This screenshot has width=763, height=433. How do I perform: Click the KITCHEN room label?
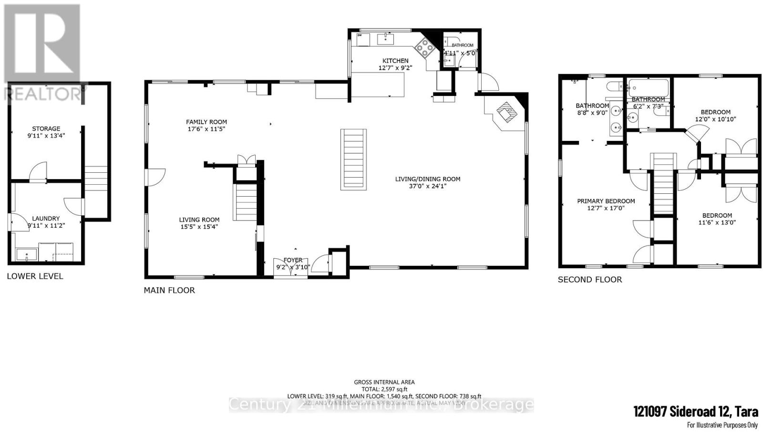pos(395,61)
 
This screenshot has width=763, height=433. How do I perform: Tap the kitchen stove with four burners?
pos(424,47)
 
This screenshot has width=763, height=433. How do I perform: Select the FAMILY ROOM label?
pos(206,122)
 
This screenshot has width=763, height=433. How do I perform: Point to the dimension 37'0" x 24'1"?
pos(428,186)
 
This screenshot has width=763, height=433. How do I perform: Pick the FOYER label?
pos(293,260)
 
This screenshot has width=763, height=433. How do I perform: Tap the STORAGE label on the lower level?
pos(46,128)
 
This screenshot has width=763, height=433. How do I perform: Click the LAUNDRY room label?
pos(46,218)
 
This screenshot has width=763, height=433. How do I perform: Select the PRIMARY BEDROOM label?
pos(606,201)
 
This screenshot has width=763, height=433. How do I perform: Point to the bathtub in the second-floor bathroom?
pos(649,88)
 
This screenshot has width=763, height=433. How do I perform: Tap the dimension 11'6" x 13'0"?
pos(717,222)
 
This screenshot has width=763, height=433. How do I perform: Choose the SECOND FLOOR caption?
pos(590,280)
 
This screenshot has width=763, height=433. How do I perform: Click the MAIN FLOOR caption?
pos(169,290)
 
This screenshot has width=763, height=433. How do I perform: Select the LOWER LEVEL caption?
pos(35,276)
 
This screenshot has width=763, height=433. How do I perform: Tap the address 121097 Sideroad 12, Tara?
pos(695,412)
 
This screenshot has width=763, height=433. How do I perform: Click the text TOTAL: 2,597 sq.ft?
pos(384,389)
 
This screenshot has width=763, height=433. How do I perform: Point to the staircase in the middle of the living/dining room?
pos(354,159)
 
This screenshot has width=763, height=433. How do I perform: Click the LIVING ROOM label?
pos(199,220)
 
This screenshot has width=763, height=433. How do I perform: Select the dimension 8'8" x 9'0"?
pos(592,113)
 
